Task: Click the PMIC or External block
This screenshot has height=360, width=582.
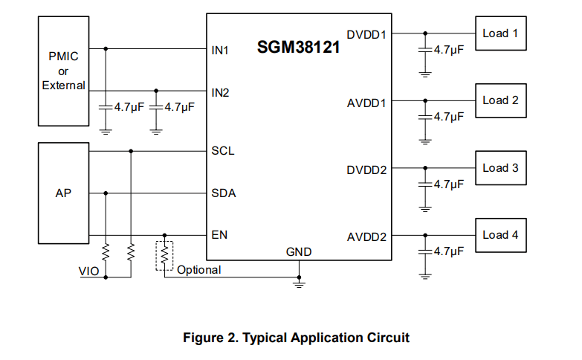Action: (x=63, y=71)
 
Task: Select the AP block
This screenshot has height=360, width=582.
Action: (x=63, y=193)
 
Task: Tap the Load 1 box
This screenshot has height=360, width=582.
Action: (x=501, y=33)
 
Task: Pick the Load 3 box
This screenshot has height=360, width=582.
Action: (x=501, y=168)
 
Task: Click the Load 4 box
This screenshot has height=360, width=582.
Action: (x=501, y=235)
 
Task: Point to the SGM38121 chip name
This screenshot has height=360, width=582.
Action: (x=298, y=47)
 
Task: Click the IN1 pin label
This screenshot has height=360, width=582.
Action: (x=220, y=50)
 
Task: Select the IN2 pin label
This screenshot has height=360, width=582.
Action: (x=220, y=92)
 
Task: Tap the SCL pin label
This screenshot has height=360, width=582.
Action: (x=223, y=151)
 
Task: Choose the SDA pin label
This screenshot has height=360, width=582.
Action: (x=224, y=193)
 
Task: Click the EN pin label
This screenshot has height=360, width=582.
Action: (x=219, y=235)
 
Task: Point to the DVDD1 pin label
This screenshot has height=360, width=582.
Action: (x=366, y=35)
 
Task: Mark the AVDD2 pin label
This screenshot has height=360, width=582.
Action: (x=366, y=237)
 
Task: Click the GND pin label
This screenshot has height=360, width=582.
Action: (x=299, y=252)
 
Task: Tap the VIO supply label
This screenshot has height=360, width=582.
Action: (x=88, y=271)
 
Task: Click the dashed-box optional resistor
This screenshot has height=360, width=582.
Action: (x=164, y=256)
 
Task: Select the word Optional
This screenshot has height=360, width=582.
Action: (x=199, y=270)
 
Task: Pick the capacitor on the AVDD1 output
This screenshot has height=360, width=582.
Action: (x=425, y=117)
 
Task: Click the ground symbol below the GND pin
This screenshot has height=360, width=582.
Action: (x=299, y=284)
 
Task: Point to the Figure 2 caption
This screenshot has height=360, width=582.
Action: (x=296, y=338)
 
